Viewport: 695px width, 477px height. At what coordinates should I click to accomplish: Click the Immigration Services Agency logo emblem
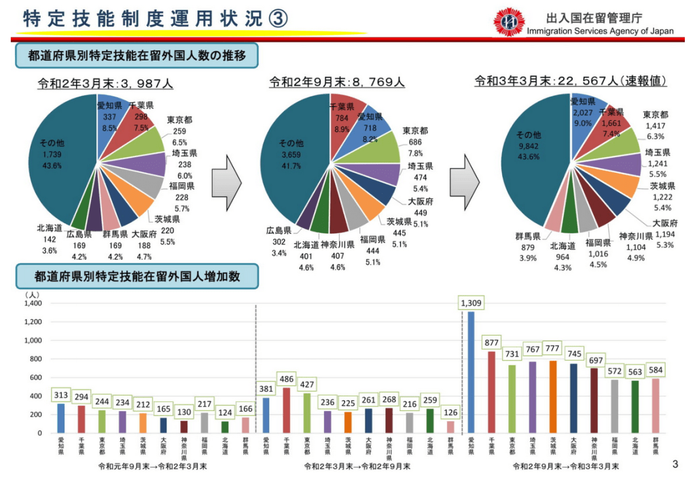tap(508, 22)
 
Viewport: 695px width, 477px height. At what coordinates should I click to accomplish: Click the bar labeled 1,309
tap(471, 372)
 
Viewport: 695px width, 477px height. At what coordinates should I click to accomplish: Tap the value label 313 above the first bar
tap(60, 395)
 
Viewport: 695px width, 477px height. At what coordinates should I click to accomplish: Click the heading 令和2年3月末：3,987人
tap(105, 84)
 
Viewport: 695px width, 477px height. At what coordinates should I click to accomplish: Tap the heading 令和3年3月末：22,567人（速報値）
tap(570, 81)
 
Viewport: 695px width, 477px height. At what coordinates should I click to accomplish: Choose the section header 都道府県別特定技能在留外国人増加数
tap(137, 276)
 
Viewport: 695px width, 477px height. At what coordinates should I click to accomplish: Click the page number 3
tap(675, 465)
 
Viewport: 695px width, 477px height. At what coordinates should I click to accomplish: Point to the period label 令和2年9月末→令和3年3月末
tap(565, 466)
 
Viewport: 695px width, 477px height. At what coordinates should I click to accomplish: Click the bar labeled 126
tap(450, 427)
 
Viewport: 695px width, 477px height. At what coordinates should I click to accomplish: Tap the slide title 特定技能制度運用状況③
tap(155, 19)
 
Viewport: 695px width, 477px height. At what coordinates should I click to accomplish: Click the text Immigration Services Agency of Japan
tap(600, 31)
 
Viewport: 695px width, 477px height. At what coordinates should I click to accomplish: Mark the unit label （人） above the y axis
tap(32, 294)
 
